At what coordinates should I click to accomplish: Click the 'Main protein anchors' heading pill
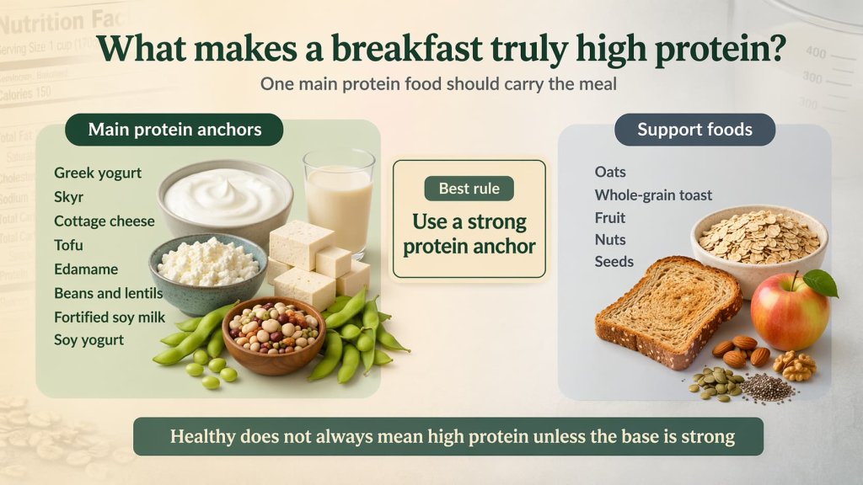click(174, 130)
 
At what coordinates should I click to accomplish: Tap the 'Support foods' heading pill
click(694, 130)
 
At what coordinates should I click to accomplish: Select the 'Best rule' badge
click(469, 188)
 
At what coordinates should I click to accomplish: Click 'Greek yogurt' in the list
click(98, 173)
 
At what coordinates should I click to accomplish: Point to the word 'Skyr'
click(68, 197)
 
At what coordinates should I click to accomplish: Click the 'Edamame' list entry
click(86, 269)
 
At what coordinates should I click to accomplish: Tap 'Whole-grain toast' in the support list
click(653, 195)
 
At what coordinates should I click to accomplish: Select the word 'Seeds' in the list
click(614, 262)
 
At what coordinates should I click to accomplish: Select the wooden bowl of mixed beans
click(273, 333)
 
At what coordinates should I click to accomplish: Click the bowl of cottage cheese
click(208, 268)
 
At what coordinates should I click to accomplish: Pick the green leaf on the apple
click(820, 283)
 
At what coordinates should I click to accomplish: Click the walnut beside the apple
click(795, 365)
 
